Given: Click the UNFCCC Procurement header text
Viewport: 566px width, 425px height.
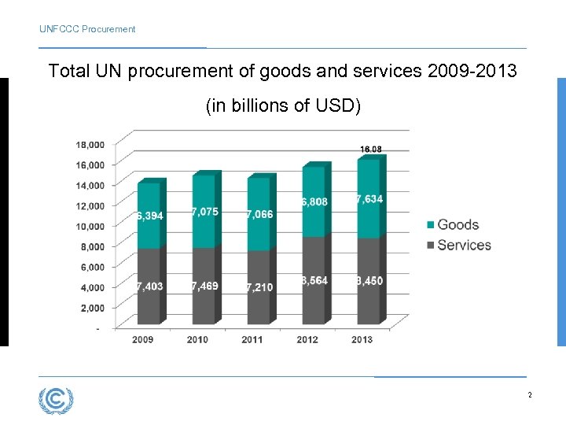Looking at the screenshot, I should [87, 29].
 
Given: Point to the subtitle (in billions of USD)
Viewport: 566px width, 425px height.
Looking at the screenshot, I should [283, 105].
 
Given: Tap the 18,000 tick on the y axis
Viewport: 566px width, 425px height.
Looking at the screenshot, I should [90, 145].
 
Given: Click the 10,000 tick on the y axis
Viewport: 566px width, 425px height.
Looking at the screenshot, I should [90, 226].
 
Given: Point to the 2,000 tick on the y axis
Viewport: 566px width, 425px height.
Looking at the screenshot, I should [92, 307].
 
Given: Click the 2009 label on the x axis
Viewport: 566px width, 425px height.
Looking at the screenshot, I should [142, 339].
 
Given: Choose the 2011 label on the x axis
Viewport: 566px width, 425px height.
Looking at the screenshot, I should [252, 339].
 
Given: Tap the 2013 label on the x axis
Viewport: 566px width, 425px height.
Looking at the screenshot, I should [362, 339].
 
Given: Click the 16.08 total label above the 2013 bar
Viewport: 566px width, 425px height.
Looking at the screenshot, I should [371, 149].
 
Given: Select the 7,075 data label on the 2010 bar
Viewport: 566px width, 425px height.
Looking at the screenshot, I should [205, 212].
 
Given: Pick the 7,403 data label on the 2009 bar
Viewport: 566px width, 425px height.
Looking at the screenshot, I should [149, 286].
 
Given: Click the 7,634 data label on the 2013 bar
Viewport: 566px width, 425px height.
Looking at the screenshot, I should [369, 199].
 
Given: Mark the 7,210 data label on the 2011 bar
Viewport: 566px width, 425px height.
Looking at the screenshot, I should [259, 287].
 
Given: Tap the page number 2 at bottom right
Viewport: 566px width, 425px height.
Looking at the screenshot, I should [530, 395].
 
